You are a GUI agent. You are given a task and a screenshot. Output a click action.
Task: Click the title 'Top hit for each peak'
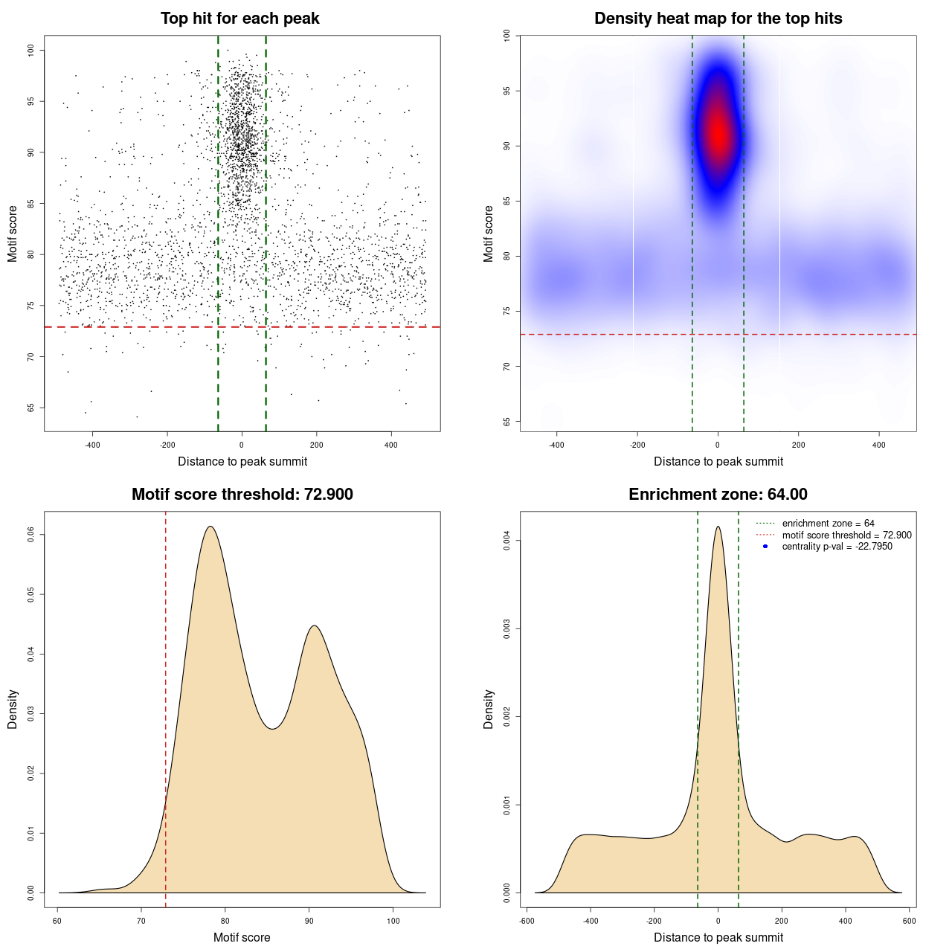tap(239, 19)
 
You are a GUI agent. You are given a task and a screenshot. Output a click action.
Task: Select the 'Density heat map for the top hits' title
tap(718, 19)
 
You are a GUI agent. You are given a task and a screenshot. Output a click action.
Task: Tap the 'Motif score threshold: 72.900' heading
tap(242, 495)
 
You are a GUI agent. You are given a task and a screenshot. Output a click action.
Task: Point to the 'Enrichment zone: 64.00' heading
tap(718, 495)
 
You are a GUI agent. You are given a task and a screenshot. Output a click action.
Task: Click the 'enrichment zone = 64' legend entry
tap(828, 524)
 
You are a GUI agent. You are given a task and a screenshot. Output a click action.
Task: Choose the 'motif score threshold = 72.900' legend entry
tap(846, 535)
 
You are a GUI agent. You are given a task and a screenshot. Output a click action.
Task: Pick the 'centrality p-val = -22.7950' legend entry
tap(837, 547)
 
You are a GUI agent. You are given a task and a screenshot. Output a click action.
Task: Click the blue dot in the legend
tap(765, 547)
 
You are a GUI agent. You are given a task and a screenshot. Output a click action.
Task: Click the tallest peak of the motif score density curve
tap(210, 527)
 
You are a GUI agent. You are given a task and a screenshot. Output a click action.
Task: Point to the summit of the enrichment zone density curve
tap(718, 527)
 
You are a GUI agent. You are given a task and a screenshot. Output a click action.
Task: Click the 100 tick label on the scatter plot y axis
tap(30, 50)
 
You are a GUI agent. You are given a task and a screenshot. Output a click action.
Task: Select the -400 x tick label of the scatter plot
tap(92, 446)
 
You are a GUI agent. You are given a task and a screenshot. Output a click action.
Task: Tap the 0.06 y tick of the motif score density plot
tap(30, 534)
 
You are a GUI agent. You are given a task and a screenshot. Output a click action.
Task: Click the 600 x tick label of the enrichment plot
tap(909, 921)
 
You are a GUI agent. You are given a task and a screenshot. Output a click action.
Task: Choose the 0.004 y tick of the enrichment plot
tap(506, 541)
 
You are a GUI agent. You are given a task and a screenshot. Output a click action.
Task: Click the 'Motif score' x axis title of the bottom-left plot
tap(242, 937)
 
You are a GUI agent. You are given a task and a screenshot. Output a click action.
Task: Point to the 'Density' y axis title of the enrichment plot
tap(489, 709)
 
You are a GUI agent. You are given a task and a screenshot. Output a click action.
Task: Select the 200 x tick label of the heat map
tap(798, 446)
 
